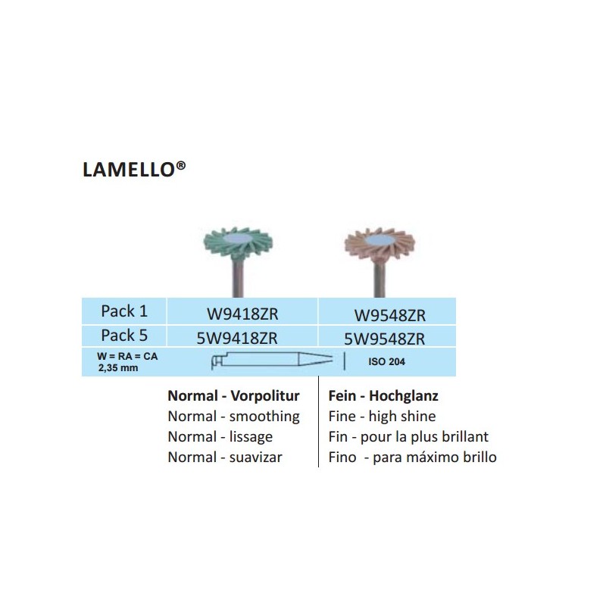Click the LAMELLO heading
pos(134,169)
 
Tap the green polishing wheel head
pos(238,243)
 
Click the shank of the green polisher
pos(238,278)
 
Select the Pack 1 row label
pos(124,311)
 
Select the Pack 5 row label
pos(124,336)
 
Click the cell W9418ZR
pos(242,314)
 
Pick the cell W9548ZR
pos(389,315)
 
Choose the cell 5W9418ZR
pos(237,338)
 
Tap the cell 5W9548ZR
pos(385,339)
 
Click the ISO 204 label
pos(386,362)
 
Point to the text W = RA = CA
pos(127,356)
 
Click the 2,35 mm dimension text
pos(118,368)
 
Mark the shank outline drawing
pos(272,360)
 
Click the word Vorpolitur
pos(265,395)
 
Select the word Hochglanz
pos(404,395)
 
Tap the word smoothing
pos(264,417)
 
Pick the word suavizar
pos(255,458)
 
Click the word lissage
pos(251,437)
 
